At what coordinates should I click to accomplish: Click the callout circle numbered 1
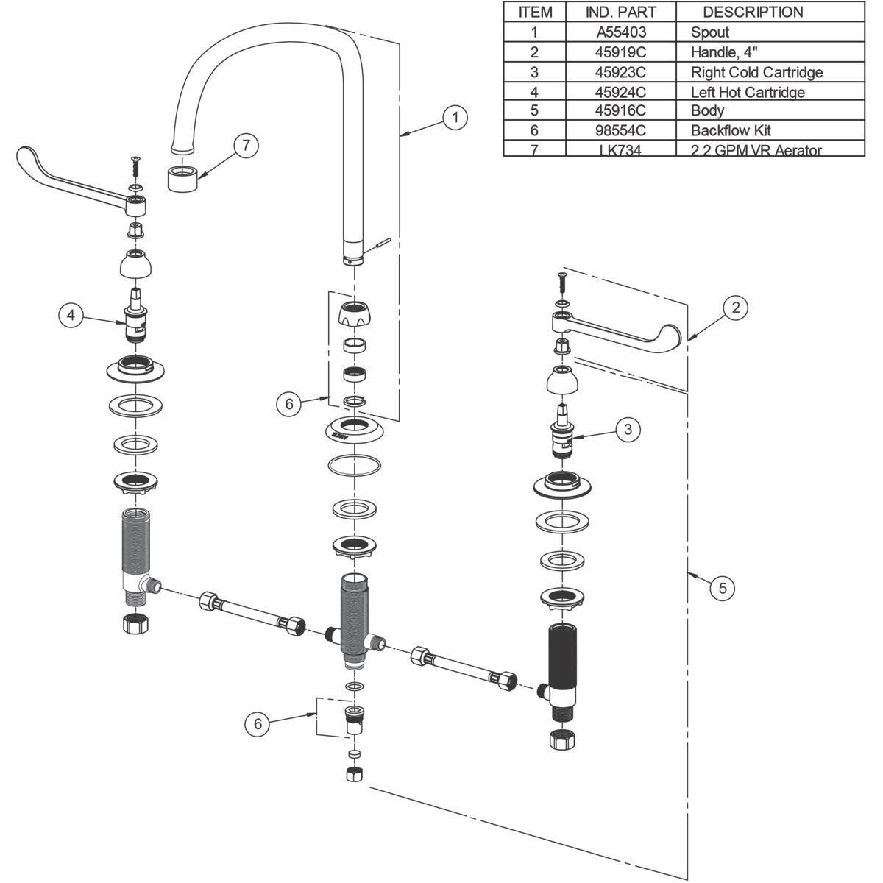coord(455,117)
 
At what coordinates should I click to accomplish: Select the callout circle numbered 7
coord(246,145)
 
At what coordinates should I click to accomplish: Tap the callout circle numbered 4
coord(71,315)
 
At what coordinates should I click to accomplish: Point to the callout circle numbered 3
coord(628,429)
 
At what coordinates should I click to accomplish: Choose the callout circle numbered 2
coord(736,307)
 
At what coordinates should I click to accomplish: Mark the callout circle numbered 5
coord(723,587)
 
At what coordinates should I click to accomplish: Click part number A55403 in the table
coord(621,32)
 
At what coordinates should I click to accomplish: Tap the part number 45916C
coord(621,110)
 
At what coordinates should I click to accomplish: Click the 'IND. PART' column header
coord(621,12)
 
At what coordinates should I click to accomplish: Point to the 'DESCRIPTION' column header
coord(753,12)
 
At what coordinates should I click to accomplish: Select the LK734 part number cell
coord(621,150)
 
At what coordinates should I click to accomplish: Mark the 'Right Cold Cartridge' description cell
coord(756,72)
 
